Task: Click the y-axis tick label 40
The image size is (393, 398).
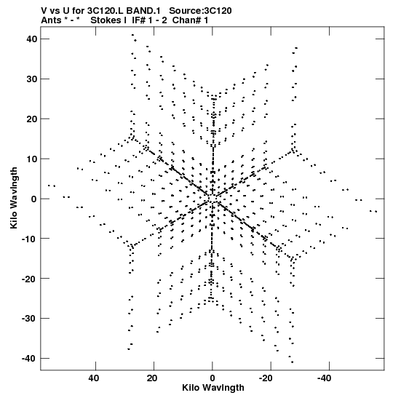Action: [x=31, y=39]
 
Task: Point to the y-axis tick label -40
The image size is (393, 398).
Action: [x=29, y=359]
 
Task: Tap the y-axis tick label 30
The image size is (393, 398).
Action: [x=31, y=79]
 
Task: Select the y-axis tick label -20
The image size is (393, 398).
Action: [x=29, y=279]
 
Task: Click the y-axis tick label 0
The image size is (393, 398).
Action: [x=34, y=199]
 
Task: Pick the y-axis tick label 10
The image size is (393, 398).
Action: [x=31, y=159]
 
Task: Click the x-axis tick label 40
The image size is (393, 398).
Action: [x=94, y=378]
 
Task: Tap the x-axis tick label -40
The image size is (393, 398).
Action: [x=324, y=378]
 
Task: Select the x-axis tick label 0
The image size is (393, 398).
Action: [x=213, y=378]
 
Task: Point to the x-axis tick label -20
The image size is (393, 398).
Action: [x=266, y=378]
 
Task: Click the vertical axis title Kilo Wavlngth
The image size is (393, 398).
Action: [x=14, y=198]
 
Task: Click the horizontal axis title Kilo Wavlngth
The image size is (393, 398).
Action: [x=213, y=388]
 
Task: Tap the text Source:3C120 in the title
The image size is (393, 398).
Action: [x=200, y=11]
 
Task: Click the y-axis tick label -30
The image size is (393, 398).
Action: [x=29, y=318]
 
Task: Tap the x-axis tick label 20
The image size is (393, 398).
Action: [x=152, y=378]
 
